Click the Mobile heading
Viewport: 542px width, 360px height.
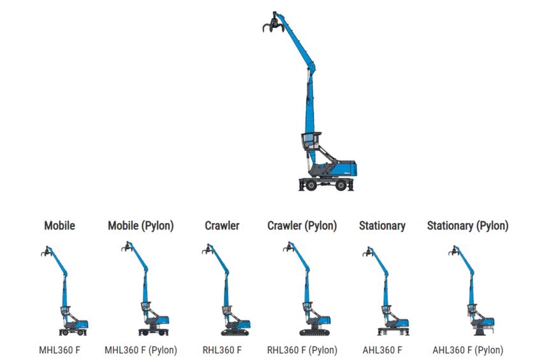pos(59,226)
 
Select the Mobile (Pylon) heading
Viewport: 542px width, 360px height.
pos(140,226)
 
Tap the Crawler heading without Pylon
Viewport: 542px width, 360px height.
pos(222,226)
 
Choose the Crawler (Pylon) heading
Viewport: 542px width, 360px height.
pos(302,226)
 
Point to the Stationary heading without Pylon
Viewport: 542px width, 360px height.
pos(382,226)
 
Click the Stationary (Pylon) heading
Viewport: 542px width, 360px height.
pos(467,226)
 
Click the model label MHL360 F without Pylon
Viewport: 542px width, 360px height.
pos(59,350)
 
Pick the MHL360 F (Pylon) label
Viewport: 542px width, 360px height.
pos(140,350)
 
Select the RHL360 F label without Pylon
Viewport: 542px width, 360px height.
pos(221,350)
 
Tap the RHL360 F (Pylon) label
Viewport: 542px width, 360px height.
pos(302,350)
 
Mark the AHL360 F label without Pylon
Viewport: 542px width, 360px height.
pos(382,350)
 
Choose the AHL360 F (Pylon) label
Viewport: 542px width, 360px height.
pos(467,350)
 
